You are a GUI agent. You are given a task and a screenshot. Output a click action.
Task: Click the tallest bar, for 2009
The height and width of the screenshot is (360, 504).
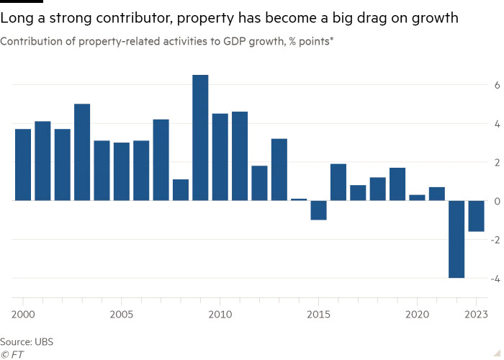coord(200,138)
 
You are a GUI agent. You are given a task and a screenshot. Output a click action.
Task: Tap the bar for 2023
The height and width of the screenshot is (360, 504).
coord(476,216)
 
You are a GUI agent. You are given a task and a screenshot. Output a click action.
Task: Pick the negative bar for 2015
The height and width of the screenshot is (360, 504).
coord(318,210)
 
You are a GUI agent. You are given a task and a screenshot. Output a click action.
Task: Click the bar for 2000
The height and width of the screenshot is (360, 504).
coord(23,164)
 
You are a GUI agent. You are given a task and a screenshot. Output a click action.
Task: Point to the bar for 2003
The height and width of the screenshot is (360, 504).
coord(82,152)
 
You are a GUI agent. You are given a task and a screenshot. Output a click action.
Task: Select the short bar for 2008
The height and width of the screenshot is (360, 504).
coord(181,189)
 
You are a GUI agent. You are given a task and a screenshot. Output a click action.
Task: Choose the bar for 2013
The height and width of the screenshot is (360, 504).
coord(279,169)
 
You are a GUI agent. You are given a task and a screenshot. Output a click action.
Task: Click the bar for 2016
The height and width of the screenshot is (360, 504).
coord(338,182)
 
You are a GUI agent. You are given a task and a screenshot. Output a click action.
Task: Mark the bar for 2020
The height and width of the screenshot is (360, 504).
coord(417,197)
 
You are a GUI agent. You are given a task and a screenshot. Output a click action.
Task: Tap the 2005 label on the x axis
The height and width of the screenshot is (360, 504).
coord(122,315)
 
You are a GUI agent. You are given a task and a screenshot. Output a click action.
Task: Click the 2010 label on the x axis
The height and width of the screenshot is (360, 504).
coord(220,315)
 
